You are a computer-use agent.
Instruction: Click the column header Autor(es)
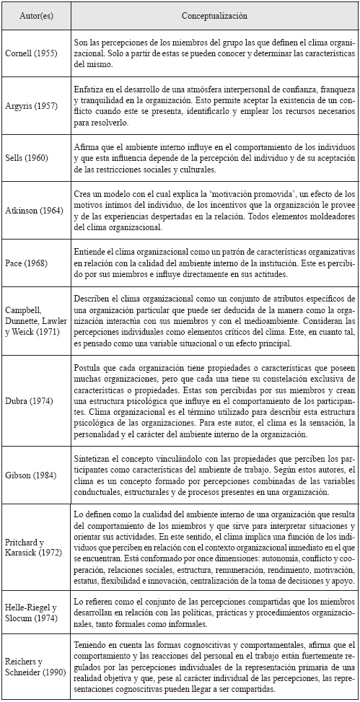pos(36,14)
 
